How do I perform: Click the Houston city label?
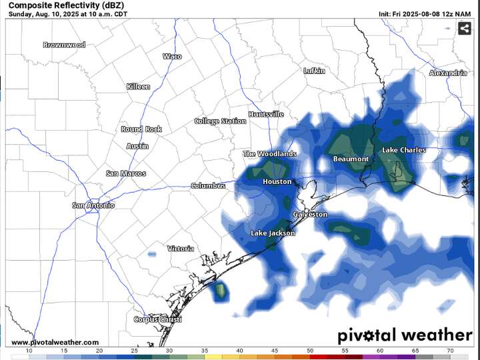277,181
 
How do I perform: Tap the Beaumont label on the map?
351,159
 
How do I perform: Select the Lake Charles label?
403,151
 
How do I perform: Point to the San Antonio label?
93,205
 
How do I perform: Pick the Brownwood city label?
64,45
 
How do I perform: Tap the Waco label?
172,57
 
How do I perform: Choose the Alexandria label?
448,73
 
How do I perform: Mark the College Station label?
220,121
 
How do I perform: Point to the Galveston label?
310,215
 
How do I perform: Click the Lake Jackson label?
272,233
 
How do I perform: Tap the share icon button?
465,29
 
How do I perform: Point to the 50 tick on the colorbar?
310,351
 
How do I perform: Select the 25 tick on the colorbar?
134,351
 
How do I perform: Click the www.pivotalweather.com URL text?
55,342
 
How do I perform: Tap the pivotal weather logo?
404,335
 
